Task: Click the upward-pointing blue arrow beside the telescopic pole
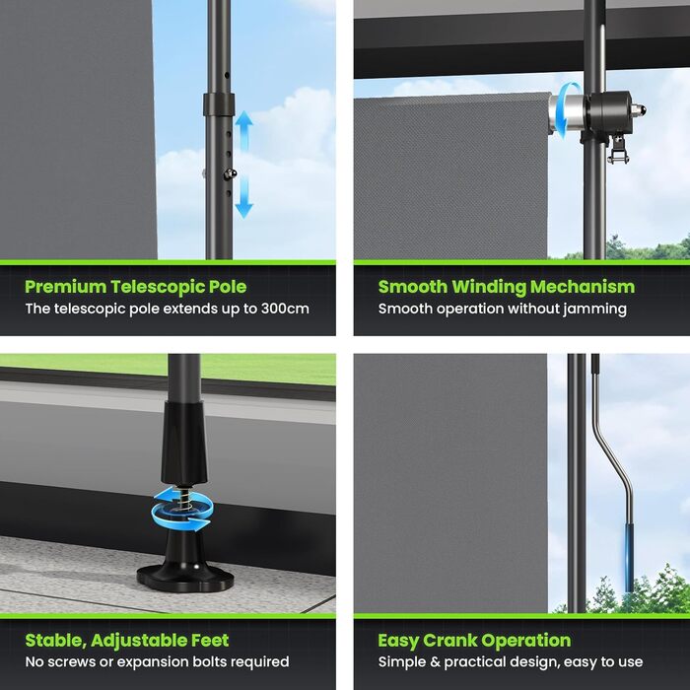tap(243, 131)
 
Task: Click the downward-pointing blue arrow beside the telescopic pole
tap(243, 197)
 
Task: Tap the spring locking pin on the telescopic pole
tap(230, 174)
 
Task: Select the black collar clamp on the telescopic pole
tap(219, 104)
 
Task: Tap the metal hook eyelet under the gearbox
tap(617, 150)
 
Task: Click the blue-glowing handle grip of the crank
tap(630, 558)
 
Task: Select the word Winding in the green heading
tap(489, 287)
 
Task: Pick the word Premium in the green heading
tap(65, 287)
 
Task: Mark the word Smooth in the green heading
tap(413, 287)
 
